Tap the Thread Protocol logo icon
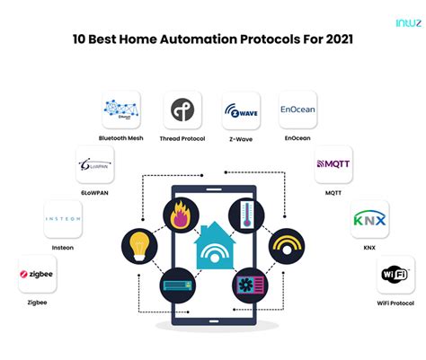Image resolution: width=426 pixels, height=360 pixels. tap(182, 110)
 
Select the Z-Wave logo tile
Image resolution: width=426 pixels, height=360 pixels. tap(241, 110)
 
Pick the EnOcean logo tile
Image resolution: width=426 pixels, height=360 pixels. tap(297, 110)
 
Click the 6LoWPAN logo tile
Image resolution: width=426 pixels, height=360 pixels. tap(94, 166)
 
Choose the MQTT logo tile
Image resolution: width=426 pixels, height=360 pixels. tap(333, 165)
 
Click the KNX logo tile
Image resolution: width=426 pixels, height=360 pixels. tap(368, 219)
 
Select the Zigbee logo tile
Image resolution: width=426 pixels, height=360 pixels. tap(36, 275)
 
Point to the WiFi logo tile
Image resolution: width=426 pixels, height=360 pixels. tap(395, 275)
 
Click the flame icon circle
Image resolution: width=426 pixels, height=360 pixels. tap(180, 216)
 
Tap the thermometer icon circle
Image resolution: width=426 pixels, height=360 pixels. tap(246, 216)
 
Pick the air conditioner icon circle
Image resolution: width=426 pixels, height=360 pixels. tap(180, 286)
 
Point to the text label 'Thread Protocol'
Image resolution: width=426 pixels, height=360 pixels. tap(182, 139)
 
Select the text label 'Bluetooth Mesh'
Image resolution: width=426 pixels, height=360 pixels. tap(121, 139)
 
